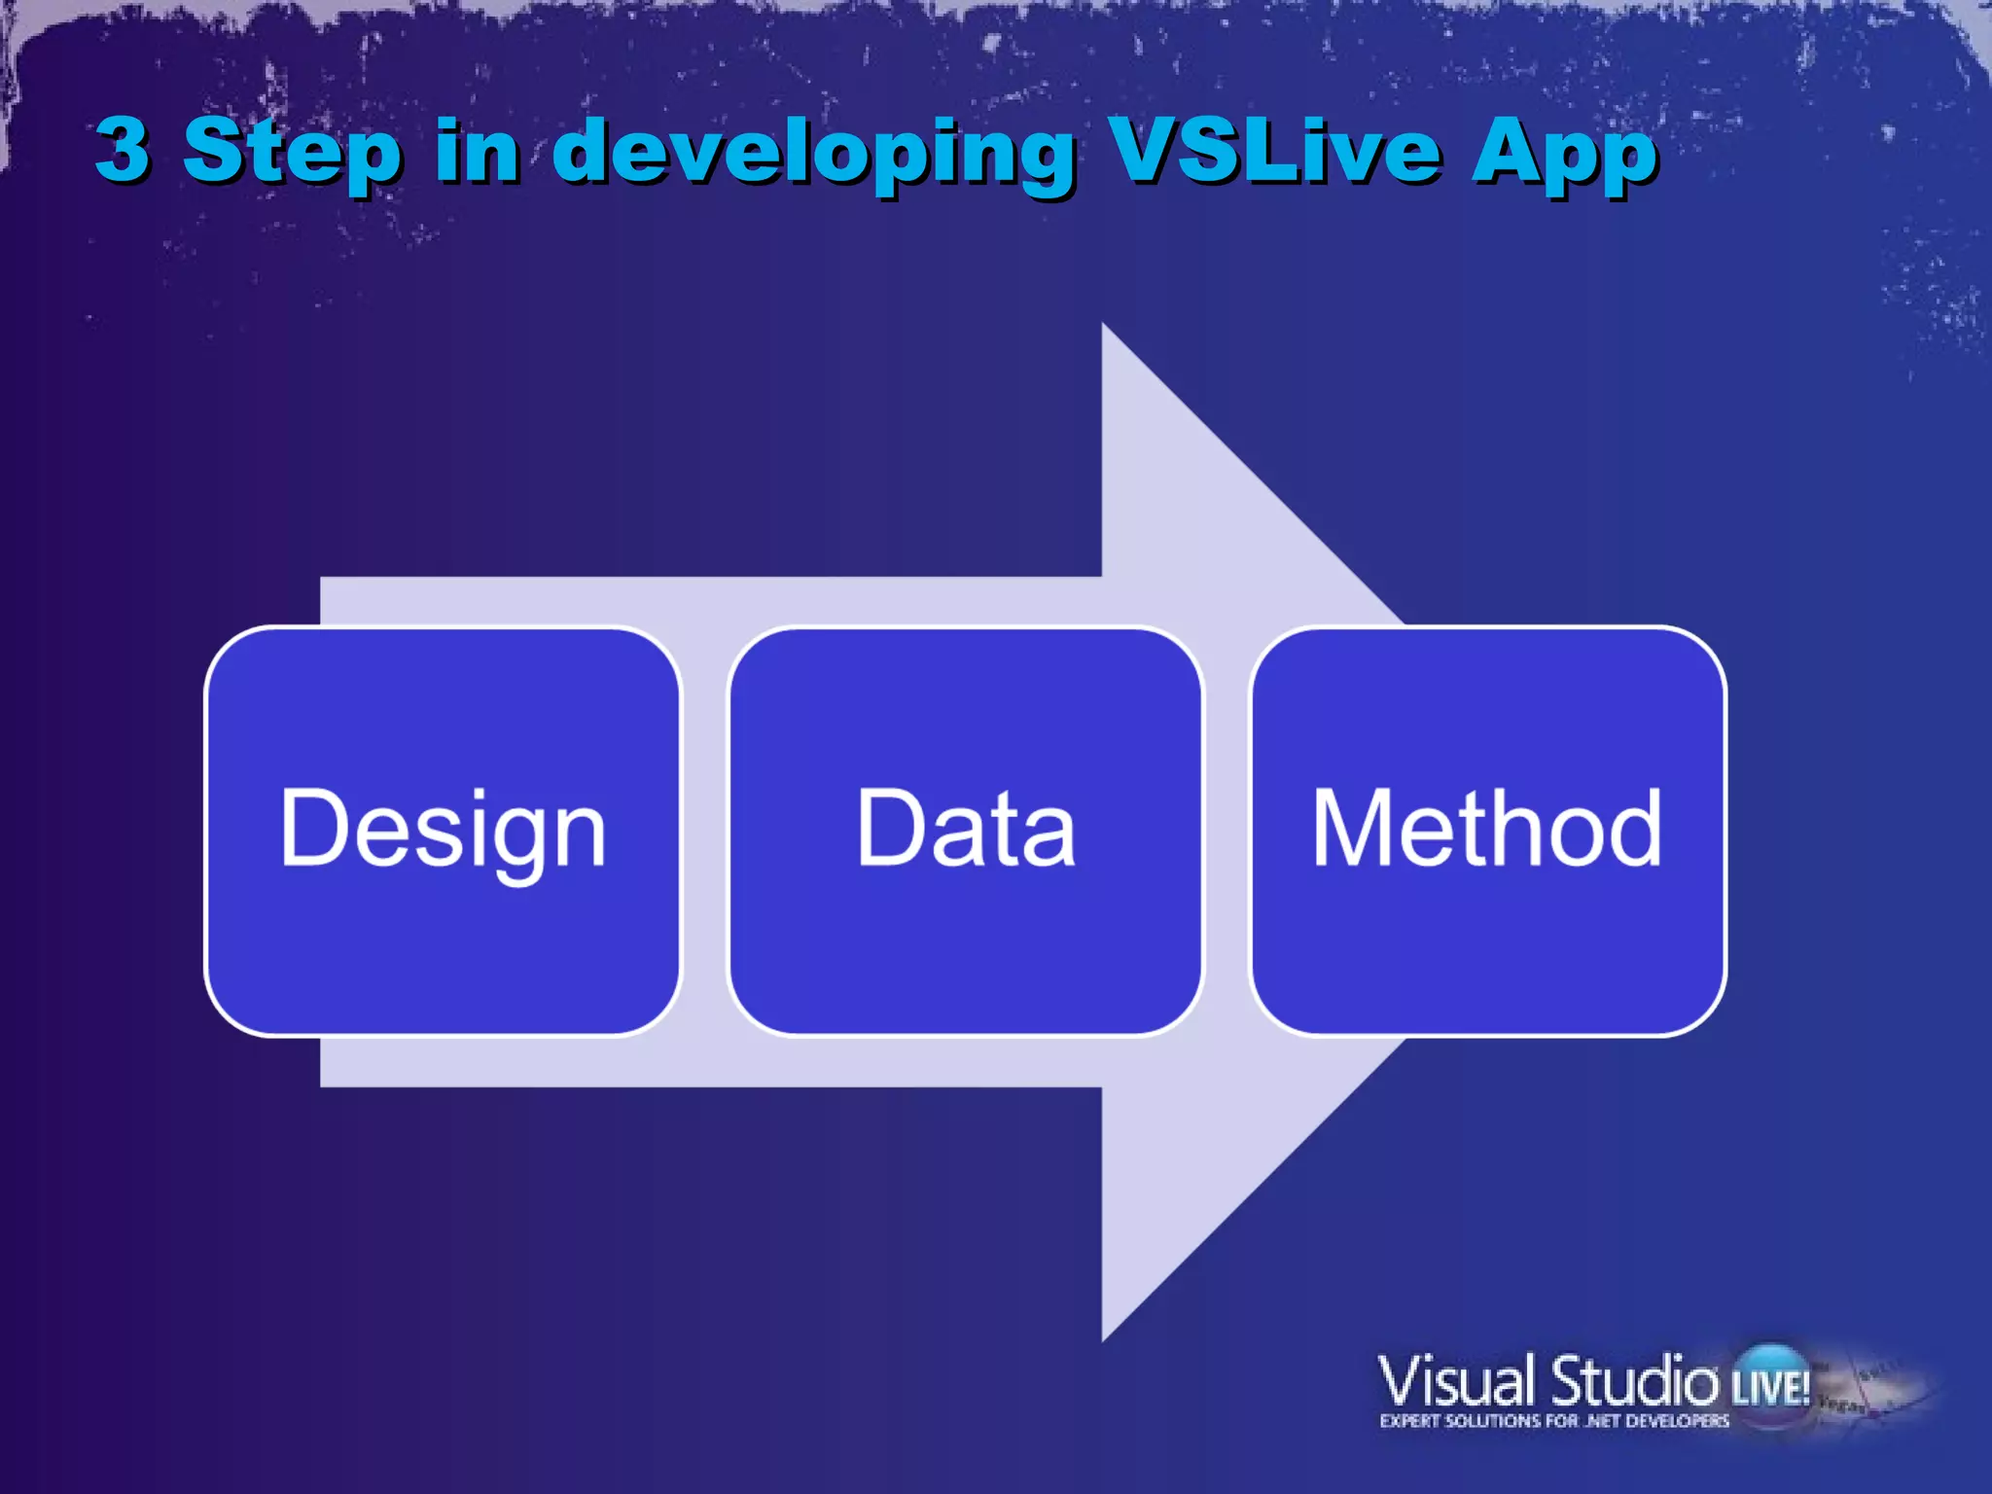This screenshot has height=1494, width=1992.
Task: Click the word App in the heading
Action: coord(1564,154)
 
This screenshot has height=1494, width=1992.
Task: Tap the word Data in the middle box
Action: coord(966,829)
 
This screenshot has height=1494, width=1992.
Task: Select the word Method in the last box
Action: coord(1487,829)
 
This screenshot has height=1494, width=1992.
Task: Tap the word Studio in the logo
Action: coord(1634,1381)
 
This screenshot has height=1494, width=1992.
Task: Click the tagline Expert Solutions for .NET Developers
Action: coord(1554,1422)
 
